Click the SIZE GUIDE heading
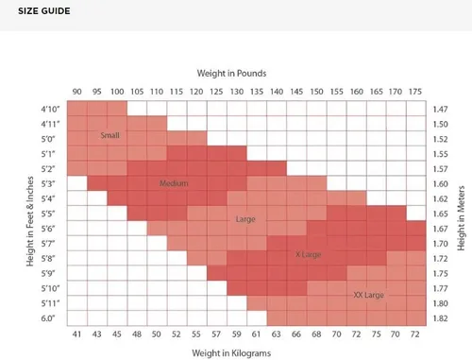(x=44, y=11)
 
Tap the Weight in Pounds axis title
(x=231, y=74)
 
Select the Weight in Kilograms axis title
(x=231, y=353)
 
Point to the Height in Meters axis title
(x=461, y=218)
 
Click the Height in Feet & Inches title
(x=30, y=221)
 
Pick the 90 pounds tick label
(x=76, y=92)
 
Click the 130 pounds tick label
(x=237, y=92)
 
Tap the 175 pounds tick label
(x=415, y=92)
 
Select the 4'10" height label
(x=50, y=109)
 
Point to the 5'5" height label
(x=48, y=214)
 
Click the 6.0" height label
(x=48, y=318)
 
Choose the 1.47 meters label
(x=440, y=110)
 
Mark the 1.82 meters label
(x=440, y=318)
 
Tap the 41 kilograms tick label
(x=76, y=334)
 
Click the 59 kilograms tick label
(x=236, y=334)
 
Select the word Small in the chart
(x=110, y=135)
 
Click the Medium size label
(x=174, y=183)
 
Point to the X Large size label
(x=308, y=254)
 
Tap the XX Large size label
(x=368, y=295)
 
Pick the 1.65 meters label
(x=440, y=214)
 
